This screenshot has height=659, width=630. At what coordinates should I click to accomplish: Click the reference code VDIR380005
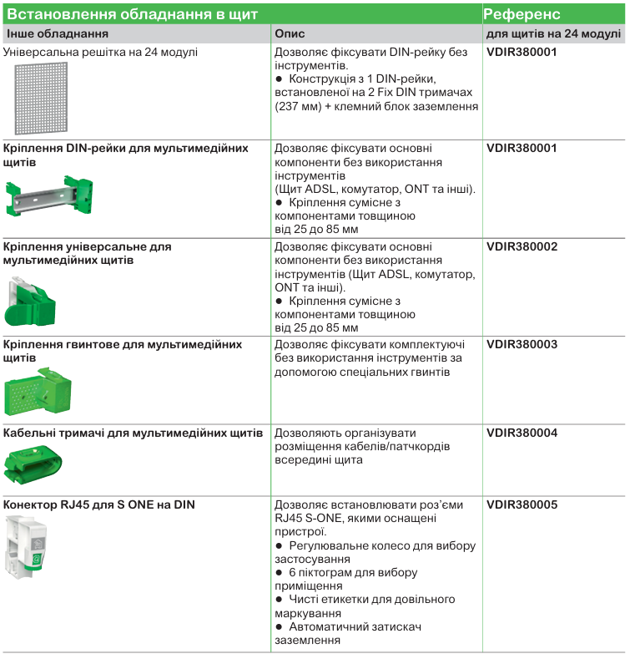pos(522,505)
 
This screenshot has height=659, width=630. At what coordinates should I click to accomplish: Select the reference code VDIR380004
pos(522,433)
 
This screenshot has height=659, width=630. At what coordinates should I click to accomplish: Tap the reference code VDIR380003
pos(522,344)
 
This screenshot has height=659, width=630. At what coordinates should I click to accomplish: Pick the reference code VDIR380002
pos(522,247)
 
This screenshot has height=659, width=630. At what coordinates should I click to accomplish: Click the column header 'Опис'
pos(290,34)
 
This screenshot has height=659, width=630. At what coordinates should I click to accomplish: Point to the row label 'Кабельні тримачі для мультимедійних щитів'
pos(133,433)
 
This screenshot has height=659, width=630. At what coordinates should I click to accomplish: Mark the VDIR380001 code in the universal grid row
pos(522,52)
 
